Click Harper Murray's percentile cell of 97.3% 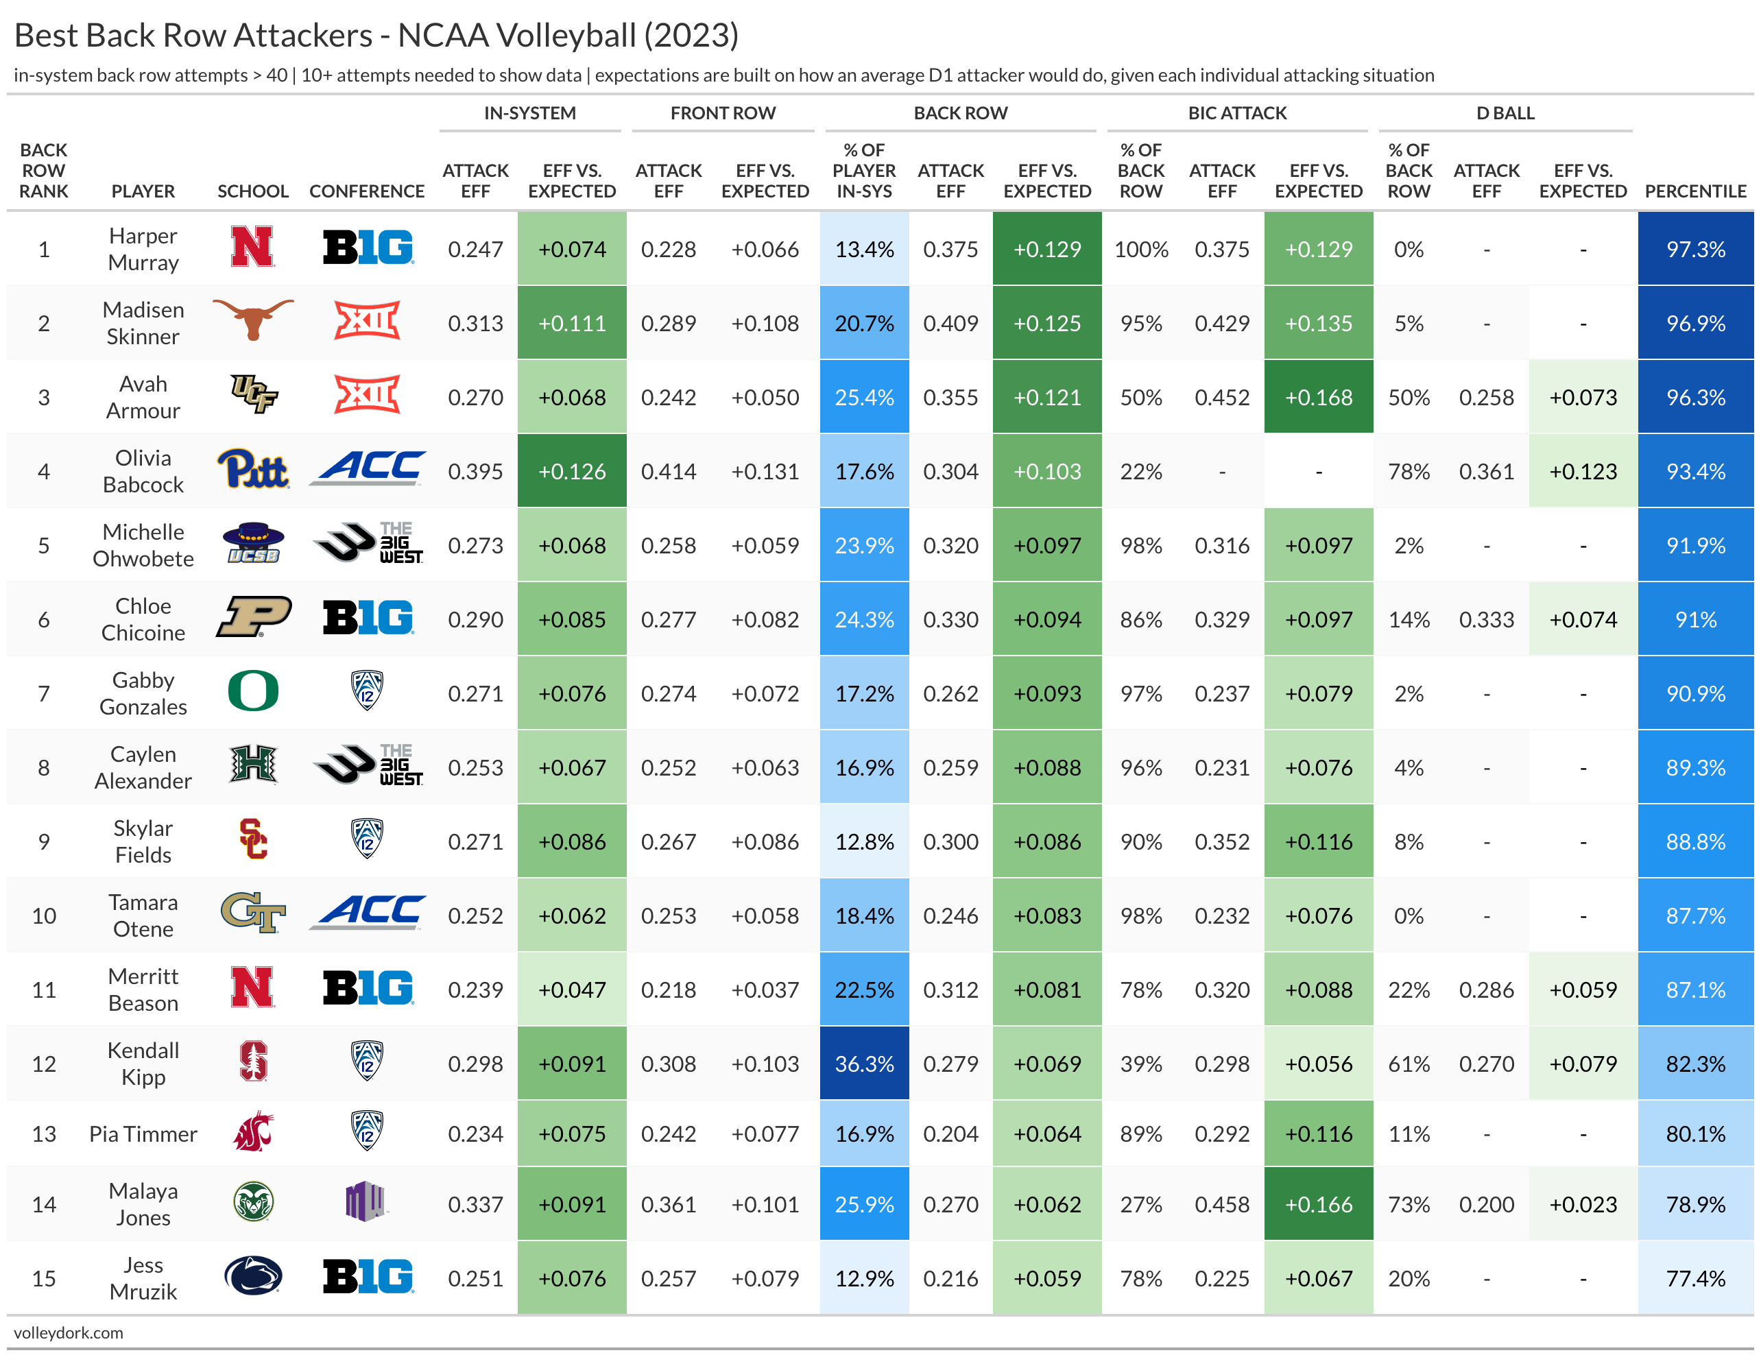tap(1695, 249)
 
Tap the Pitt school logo tap(252, 469)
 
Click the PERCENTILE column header tap(1695, 191)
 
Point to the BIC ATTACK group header tap(1237, 113)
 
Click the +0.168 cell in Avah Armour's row tap(1318, 398)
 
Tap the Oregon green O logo tap(252, 692)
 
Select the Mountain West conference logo tap(366, 1202)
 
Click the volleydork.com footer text tap(69, 1332)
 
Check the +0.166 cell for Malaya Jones tap(1318, 1204)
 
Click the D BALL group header tap(1505, 113)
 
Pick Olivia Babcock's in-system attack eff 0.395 tap(475, 472)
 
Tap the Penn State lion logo tap(252, 1276)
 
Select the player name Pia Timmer tap(143, 1134)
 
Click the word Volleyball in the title tap(565, 36)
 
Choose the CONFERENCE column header tap(366, 191)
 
